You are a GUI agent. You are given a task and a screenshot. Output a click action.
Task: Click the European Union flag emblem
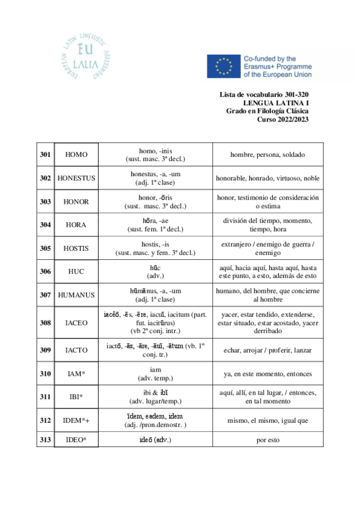[223, 67]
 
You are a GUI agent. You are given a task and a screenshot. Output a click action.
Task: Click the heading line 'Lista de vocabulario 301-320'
[264, 95]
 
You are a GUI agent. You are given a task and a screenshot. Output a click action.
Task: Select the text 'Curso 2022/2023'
[283, 119]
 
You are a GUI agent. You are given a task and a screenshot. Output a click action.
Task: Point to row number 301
[45, 155]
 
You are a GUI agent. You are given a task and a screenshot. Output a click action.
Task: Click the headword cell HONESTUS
[76, 179]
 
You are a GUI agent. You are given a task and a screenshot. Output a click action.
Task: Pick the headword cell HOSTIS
[76, 248]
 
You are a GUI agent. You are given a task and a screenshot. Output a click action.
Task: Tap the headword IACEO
[76, 322]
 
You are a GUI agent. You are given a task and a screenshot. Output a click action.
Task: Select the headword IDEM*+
[76, 420]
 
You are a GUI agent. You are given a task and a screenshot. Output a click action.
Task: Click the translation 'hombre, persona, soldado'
[267, 155]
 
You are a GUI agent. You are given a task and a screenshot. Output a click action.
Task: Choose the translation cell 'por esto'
[267, 440]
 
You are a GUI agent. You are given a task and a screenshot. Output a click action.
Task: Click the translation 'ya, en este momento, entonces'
[267, 373]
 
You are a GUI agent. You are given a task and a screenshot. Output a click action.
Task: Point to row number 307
[45, 295]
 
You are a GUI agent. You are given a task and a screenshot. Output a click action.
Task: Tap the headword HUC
[76, 271]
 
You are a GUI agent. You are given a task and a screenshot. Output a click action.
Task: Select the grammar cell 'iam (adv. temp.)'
[155, 373]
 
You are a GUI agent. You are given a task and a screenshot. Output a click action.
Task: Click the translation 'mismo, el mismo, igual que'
[267, 420]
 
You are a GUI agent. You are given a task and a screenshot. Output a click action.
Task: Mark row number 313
[45, 440]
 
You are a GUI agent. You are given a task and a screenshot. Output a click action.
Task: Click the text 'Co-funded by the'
[270, 59]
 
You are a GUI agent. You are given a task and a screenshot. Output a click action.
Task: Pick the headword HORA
[76, 225]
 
